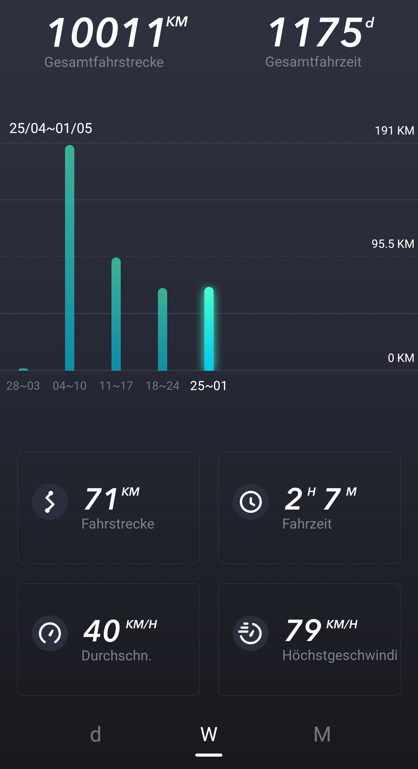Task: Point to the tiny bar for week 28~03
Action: (x=23, y=370)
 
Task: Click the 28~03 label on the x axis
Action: (x=23, y=385)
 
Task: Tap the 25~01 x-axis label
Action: (x=208, y=385)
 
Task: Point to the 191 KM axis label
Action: (x=394, y=131)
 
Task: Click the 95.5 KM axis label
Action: (x=392, y=244)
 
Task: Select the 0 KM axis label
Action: (x=401, y=358)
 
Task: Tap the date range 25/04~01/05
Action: (x=51, y=128)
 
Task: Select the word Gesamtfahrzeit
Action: (x=313, y=61)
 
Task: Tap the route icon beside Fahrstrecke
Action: (x=50, y=501)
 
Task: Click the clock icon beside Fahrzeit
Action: (x=251, y=501)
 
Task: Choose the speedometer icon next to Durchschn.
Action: (x=50, y=633)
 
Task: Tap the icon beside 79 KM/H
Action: (x=251, y=633)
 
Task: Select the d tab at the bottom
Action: (x=95, y=734)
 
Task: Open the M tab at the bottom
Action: (x=322, y=734)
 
